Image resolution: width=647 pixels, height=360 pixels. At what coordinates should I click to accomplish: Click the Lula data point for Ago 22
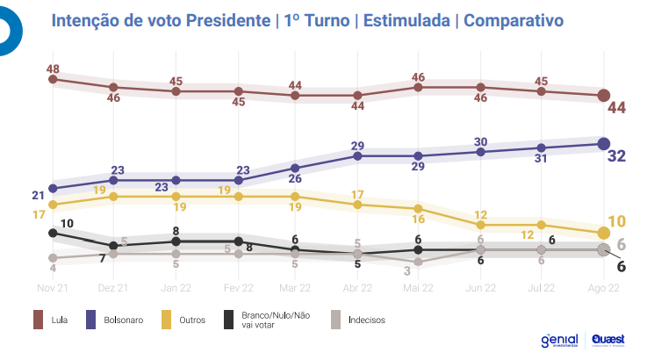(604, 95)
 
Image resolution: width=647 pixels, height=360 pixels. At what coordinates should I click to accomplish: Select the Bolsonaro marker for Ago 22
(604, 143)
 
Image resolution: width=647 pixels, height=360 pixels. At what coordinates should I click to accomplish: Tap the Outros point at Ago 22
(604, 233)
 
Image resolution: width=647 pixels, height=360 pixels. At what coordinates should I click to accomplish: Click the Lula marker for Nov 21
(54, 79)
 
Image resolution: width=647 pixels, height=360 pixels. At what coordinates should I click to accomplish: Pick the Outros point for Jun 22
(481, 225)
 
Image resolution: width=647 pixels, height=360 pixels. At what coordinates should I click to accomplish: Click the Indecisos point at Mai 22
(419, 262)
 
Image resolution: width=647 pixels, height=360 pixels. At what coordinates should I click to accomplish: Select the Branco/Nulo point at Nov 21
(54, 233)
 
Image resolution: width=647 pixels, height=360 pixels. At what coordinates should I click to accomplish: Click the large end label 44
(616, 108)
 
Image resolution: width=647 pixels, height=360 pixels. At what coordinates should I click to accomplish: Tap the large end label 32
(616, 156)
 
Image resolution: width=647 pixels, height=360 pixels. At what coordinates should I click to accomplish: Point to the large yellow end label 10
(616, 221)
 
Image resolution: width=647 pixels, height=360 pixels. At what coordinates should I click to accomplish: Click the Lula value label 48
(53, 68)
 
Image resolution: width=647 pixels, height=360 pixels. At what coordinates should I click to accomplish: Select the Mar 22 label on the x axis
(295, 287)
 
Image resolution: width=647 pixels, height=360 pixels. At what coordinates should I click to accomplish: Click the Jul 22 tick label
(541, 287)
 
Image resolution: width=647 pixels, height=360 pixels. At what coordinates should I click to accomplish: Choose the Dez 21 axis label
(113, 287)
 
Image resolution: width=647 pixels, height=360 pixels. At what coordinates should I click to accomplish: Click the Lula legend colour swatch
(39, 320)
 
